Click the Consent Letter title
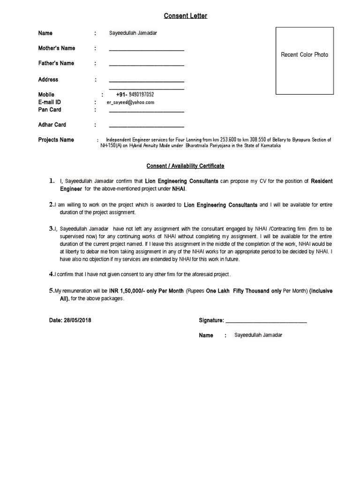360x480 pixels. pyautogui.click(x=185, y=16)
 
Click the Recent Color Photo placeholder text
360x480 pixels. pyautogui.click(x=304, y=55)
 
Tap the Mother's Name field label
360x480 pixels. pyautogui.click(x=56, y=48)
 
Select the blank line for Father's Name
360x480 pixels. pyautogui.click(x=146, y=65)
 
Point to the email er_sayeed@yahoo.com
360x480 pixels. pyautogui.click(x=130, y=102)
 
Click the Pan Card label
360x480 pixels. pyautogui.click(x=50, y=110)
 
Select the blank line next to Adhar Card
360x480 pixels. pyautogui.click(x=146, y=127)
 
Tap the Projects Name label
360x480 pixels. pyautogui.click(x=56, y=140)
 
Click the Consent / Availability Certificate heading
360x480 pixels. pyautogui.click(x=185, y=166)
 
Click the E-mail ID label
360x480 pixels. pyautogui.click(x=50, y=102)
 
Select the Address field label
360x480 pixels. pyautogui.click(x=48, y=80)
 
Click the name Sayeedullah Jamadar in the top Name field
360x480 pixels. pyautogui.click(x=133, y=33)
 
